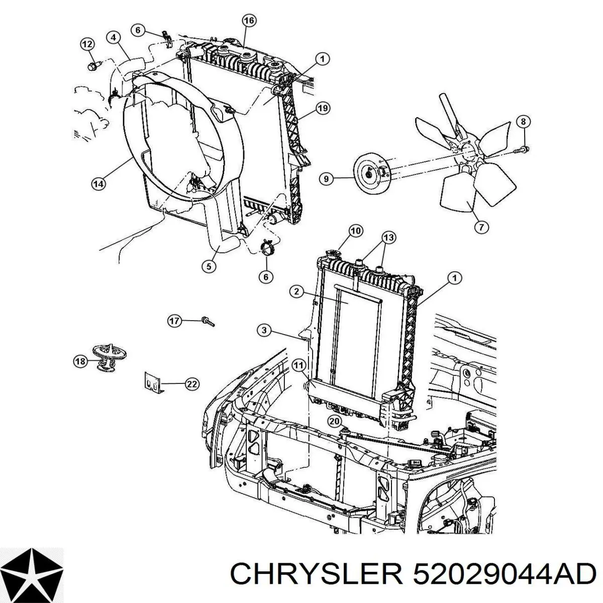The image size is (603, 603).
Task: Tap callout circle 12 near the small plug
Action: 87,44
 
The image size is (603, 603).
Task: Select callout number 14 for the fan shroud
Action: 98,184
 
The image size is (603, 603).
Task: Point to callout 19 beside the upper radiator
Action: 322,108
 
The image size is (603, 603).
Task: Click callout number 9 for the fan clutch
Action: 326,178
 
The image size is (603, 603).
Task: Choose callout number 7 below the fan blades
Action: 481,227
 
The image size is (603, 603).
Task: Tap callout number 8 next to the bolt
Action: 523,122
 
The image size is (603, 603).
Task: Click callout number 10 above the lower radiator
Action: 355,232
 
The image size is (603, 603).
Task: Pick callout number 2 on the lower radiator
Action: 296,291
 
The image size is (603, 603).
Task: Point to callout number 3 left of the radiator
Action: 265,330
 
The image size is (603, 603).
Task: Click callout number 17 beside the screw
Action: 174,321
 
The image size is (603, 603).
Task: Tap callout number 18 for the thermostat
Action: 80,360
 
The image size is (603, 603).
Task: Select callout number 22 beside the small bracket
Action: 191,384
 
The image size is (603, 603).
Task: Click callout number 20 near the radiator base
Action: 335,421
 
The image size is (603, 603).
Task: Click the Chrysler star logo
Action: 32,573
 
